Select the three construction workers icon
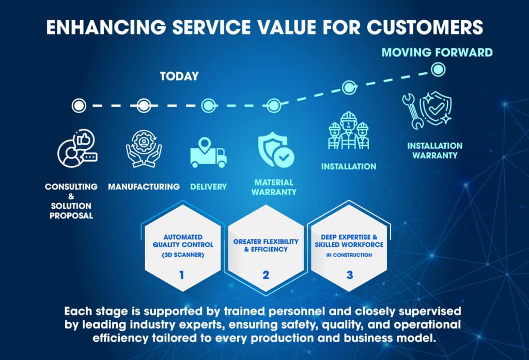click(x=349, y=130)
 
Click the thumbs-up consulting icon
click(x=77, y=148)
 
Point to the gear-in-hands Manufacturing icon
click(x=144, y=149)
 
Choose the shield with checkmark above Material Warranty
click(x=276, y=150)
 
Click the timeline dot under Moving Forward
click(x=438, y=70)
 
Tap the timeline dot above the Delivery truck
click(x=209, y=105)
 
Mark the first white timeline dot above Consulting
click(x=79, y=105)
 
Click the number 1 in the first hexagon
click(x=182, y=275)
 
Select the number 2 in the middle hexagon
click(x=266, y=275)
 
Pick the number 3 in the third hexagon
click(x=350, y=275)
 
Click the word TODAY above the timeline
click(x=179, y=76)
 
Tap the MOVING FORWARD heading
click(x=437, y=53)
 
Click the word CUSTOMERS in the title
click(x=425, y=27)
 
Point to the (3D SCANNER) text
click(x=183, y=255)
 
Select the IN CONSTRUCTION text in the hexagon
click(x=349, y=255)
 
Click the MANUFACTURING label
click(x=144, y=187)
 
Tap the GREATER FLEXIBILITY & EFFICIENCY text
click(x=266, y=245)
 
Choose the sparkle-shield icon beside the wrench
click(x=435, y=108)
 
